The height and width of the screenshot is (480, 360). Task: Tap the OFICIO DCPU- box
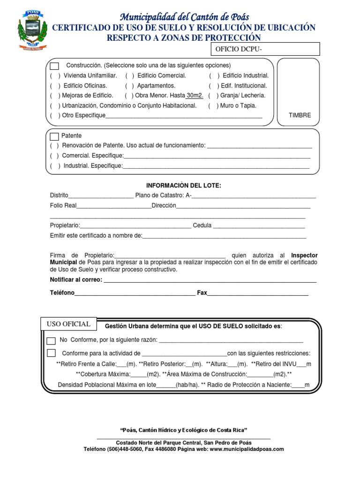(x=266, y=49)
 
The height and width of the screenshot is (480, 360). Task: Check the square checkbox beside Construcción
(x=55, y=66)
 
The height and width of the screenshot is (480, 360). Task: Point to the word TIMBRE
(x=300, y=115)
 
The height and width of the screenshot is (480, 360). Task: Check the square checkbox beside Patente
(x=54, y=136)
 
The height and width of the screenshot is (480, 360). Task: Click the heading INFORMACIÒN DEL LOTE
(x=183, y=186)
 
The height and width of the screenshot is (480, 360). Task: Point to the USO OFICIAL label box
(x=69, y=324)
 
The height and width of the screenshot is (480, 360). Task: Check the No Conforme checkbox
(x=52, y=340)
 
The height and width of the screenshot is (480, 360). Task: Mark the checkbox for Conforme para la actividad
(x=52, y=353)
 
